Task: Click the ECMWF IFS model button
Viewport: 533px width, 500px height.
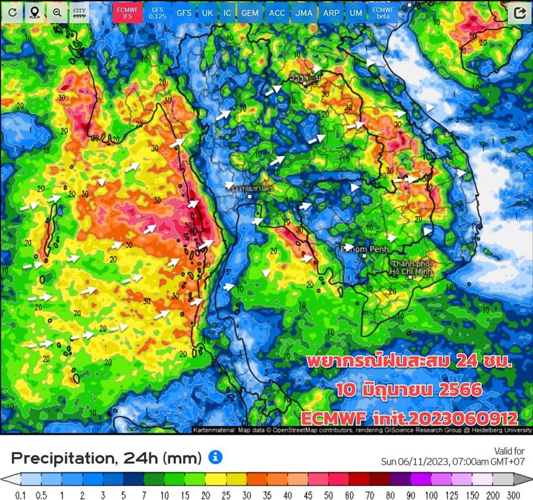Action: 127,12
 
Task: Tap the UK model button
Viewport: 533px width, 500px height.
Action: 207,12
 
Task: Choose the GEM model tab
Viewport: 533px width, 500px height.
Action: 250,12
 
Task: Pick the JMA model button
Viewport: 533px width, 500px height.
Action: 304,12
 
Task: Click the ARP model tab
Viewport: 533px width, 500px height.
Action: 331,12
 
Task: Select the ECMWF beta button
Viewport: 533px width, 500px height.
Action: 383,12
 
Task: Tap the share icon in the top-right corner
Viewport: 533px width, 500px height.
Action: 519,13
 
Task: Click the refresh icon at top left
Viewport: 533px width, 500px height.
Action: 12,12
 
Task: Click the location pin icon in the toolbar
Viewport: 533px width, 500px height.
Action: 34,12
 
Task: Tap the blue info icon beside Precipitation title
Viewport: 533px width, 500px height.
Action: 215,457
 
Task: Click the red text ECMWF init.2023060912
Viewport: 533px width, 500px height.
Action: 409,418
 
